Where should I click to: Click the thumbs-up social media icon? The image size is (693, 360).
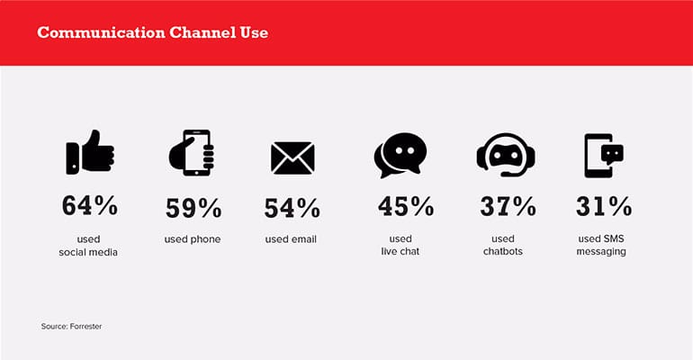90,152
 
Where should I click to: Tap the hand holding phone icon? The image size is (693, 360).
192,153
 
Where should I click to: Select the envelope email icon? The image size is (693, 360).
292,157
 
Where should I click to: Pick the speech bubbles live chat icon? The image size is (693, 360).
400,155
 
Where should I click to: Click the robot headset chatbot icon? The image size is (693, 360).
506,155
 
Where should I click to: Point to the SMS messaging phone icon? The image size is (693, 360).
604,156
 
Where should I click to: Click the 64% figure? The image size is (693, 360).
90,206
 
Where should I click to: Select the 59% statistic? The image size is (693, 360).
193,208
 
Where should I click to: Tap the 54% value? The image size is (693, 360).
292,208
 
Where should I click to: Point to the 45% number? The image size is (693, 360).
406,206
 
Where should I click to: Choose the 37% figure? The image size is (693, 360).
508,206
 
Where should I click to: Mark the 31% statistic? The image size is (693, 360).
604,206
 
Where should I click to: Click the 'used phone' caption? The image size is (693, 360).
193,239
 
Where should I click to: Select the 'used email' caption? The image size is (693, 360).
291,239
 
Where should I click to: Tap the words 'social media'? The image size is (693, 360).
88,252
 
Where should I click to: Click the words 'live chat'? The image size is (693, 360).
400,251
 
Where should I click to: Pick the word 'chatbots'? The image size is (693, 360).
503,251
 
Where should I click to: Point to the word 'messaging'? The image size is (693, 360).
601,252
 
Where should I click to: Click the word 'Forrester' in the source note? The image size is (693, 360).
85,327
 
